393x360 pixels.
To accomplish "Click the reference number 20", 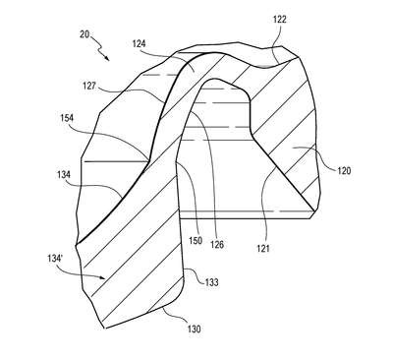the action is click(84, 34).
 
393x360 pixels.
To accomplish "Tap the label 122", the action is click(280, 20).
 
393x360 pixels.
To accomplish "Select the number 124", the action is click(139, 43).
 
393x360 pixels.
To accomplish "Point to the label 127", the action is click(89, 87).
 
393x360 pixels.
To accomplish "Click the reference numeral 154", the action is click(67, 118).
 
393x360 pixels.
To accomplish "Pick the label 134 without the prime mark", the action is click(64, 174).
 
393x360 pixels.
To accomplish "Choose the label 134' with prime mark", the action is click(55, 259).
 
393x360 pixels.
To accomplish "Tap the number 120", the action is click(344, 170).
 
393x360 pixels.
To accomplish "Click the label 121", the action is click(263, 248).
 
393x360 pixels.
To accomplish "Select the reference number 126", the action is click(217, 244).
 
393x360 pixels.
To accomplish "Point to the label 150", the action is click(196, 241).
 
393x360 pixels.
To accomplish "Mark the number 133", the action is click(211, 282).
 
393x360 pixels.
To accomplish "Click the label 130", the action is click(194, 329).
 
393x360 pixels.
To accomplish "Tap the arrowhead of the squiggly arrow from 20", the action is click(107, 58).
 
